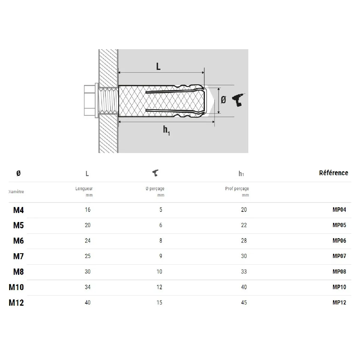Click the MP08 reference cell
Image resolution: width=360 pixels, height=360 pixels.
[339, 271]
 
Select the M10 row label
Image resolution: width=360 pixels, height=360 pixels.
[16, 287]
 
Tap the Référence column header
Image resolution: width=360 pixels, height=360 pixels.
[334, 173]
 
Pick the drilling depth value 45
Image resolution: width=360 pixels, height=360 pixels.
[244, 302]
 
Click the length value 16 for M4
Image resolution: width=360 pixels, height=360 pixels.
[88, 210]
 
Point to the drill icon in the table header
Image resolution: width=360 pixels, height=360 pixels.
[155, 173]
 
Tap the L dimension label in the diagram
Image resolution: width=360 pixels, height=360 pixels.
[158, 66]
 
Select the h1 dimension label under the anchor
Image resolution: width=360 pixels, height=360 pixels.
[166, 130]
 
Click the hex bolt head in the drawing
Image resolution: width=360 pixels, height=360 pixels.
[90, 100]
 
